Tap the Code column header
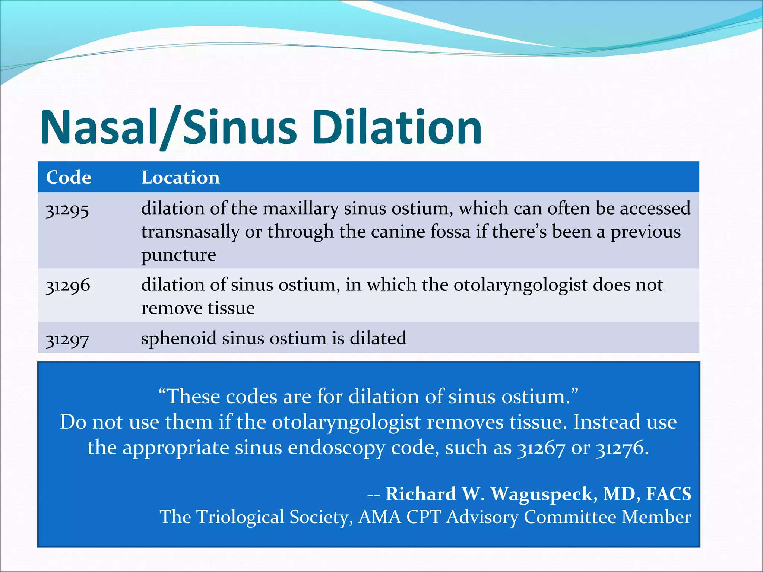tap(69, 177)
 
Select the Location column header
tap(181, 177)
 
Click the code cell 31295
tap(67, 210)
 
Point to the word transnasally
tap(190, 232)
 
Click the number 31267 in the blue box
tap(541, 448)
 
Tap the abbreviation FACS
tap(669, 494)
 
